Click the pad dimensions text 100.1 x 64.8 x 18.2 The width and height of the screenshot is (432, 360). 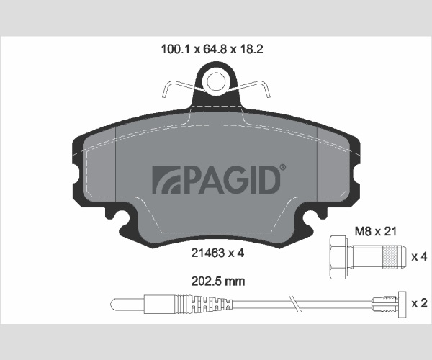pos(212,49)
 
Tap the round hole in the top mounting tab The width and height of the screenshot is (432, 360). pos(216,82)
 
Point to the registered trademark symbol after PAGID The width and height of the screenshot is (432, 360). pos(283,168)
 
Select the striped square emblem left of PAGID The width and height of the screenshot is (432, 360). pos(166,179)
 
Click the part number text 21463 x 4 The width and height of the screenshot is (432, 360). pos(217,253)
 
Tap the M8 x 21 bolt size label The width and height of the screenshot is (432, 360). pos(375,231)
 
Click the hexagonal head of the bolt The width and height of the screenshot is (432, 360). pos(338,257)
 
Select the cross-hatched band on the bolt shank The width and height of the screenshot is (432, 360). pos(391,257)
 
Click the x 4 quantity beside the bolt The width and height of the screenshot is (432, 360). pos(419,257)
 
